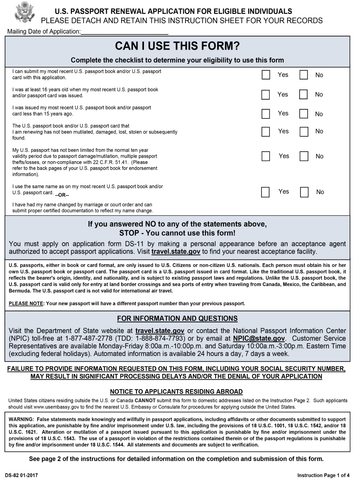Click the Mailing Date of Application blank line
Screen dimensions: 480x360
point(124,31)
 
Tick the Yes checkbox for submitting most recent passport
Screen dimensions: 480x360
point(266,75)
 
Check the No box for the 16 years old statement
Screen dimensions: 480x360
point(304,95)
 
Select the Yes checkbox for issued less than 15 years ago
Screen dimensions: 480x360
point(266,114)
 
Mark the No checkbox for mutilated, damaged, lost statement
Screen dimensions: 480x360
point(304,132)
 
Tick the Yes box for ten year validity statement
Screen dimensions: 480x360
point(266,156)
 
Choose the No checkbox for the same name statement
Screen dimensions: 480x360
point(304,192)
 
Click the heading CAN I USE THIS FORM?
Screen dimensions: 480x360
point(177,46)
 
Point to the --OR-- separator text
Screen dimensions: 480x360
point(62,195)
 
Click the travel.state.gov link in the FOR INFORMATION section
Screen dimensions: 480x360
point(160,331)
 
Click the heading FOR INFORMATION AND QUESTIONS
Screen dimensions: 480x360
point(177,319)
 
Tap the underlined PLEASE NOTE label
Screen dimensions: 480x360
point(26,303)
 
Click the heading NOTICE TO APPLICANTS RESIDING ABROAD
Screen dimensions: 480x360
point(176,392)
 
